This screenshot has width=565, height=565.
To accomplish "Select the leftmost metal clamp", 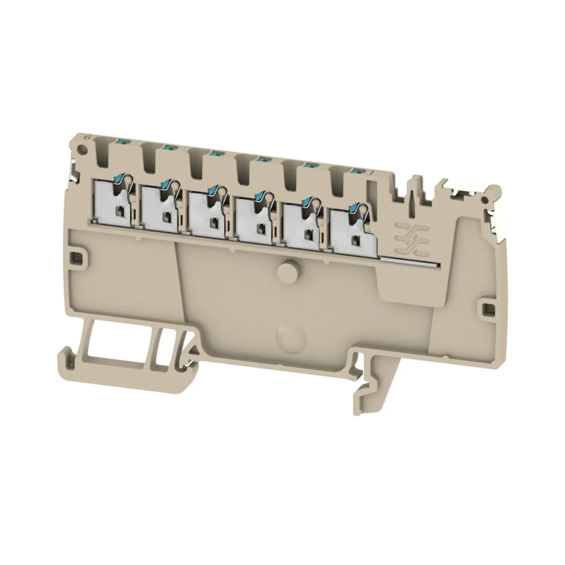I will (113, 202).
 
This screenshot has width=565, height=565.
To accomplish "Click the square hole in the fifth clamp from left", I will (308, 234).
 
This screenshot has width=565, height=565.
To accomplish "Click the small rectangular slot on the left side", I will (77, 257).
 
